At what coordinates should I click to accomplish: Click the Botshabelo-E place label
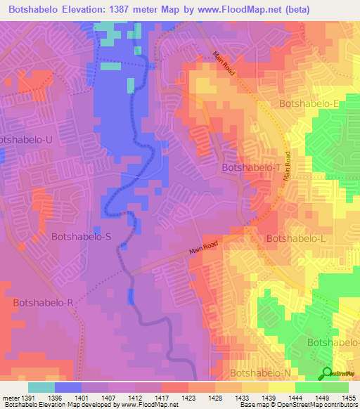point(309,103)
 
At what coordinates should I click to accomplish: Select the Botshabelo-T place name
point(251,168)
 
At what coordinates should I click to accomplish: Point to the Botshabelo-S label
point(81,237)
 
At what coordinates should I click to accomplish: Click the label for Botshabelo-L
point(295,238)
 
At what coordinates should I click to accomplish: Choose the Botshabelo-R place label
point(43,302)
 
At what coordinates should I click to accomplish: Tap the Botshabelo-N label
point(260,372)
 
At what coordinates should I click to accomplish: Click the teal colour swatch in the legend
point(41,387)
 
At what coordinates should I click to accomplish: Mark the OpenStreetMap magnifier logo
point(328,373)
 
